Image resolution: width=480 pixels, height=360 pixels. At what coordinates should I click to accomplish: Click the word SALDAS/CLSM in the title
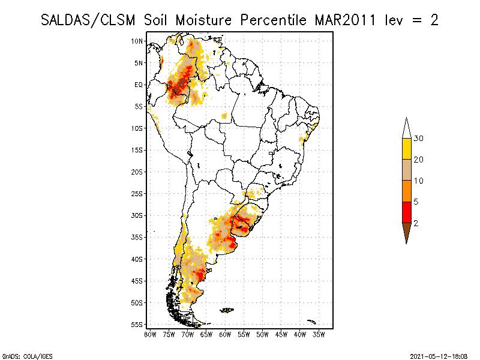(x=89, y=20)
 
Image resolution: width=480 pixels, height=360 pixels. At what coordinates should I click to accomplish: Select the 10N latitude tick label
(x=137, y=41)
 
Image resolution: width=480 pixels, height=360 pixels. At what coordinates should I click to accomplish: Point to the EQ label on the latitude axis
(x=139, y=85)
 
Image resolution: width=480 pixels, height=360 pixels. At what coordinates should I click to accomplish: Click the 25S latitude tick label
(x=137, y=194)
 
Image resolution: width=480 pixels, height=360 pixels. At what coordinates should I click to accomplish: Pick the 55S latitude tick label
(x=137, y=325)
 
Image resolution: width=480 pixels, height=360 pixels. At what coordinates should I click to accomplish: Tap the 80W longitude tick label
(x=150, y=334)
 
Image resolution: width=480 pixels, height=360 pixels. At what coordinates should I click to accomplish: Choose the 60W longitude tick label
(x=225, y=334)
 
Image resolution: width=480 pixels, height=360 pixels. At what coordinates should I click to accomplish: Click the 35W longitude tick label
(x=319, y=334)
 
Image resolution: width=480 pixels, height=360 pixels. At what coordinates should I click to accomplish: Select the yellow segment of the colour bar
(x=406, y=149)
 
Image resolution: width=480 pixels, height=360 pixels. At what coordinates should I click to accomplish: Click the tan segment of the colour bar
(x=406, y=170)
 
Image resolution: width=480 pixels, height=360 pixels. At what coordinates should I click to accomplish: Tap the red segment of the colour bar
(x=406, y=212)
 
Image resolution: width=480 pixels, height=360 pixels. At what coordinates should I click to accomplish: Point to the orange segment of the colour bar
(x=406, y=191)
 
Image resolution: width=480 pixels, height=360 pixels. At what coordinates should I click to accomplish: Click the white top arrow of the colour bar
(x=406, y=128)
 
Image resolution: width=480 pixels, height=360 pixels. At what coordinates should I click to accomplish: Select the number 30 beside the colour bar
(x=419, y=139)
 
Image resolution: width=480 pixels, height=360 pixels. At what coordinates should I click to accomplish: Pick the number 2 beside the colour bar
(x=416, y=223)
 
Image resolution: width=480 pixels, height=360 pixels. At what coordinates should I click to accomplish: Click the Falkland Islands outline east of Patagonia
(x=227, y=310)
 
